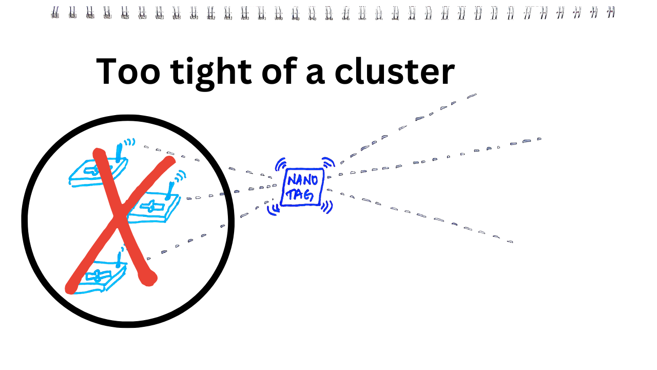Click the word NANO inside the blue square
pyautogui.click(x=302, y=181)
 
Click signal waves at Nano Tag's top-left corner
pyautogui.click(x=280, y=164)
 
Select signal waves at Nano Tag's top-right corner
pyautogui.click(x=328, y=163)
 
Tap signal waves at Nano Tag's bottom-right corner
pyautogui.click(x=327, y=206)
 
